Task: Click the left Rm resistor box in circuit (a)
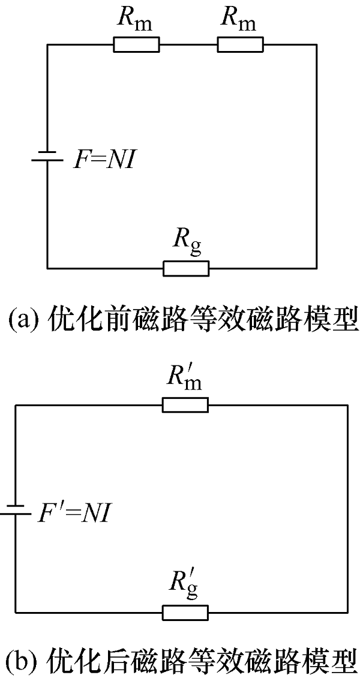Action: (x=136, y=44)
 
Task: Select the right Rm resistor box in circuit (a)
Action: (x=240, y=44)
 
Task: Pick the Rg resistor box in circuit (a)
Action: (x=186, y=268)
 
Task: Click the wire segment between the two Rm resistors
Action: (x=188, y=44)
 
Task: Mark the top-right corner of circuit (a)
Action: (x=317, y=44)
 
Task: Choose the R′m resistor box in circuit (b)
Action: (x=185, y=406)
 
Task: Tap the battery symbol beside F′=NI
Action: (x=15, y=510)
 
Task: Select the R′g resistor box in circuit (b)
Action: (x=185, y=612)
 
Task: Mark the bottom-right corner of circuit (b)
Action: (x=347, y=612)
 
